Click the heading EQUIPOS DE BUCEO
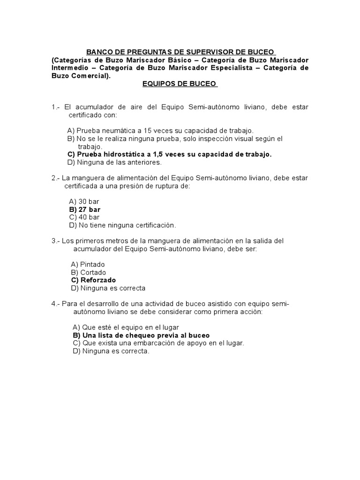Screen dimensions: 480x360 click(180, 83)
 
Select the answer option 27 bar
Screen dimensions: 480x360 click(85, 210)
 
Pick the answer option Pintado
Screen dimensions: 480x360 click(88, 264)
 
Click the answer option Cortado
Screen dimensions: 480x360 click(89, 272)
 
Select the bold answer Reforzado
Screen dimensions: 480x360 click(93, 280)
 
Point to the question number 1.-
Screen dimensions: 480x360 click(56, 107)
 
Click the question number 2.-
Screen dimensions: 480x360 click(56, 178)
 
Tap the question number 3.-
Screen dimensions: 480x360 click(56, 241)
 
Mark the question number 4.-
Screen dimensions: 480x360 click(56, 304)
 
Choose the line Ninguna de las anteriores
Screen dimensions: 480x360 click(114, 163)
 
